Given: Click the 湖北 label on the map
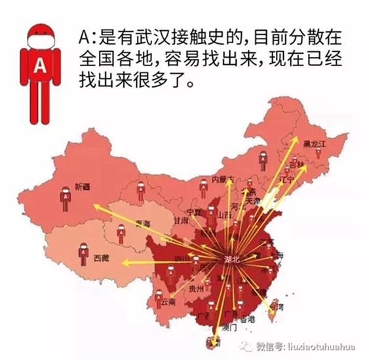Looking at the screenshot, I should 232,260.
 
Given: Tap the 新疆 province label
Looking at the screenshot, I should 83,187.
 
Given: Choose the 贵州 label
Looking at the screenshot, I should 196,287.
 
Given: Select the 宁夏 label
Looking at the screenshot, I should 194,212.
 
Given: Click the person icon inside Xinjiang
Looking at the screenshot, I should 66,198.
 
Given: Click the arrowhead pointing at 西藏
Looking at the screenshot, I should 121,261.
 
